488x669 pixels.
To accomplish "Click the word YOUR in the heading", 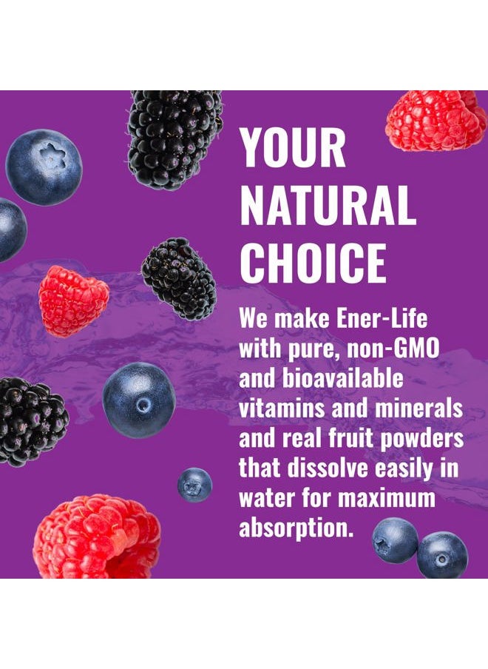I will pos(293,148).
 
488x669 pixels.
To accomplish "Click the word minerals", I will pos(424,408).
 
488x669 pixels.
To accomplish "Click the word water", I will pos(265,498).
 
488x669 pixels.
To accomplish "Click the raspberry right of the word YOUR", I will pos(436,119).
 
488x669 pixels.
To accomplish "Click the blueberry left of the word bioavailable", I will pos(139,400).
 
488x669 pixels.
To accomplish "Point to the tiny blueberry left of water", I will pos(194,485).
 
